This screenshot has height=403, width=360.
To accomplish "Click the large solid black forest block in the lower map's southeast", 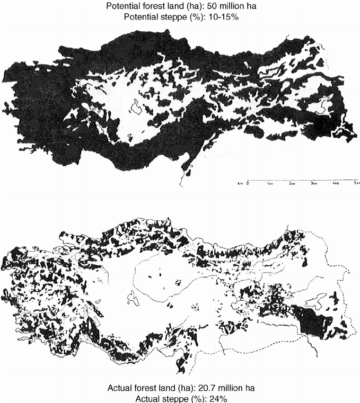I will tap(313, 320).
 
